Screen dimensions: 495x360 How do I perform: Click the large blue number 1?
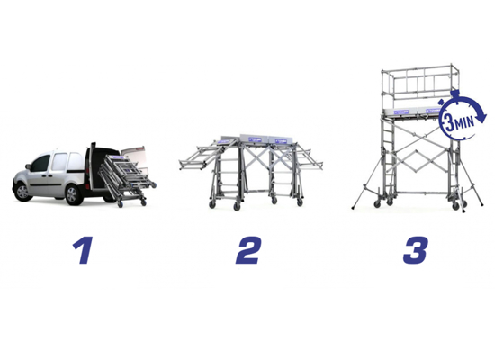pos(84,250)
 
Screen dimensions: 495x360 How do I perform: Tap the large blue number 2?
pos(248,250)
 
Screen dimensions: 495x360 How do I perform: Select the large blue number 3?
pos(416,250)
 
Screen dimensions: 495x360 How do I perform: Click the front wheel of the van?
pos(22,192)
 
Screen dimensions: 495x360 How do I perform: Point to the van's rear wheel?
pos(73,194)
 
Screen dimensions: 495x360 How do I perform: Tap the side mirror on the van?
pos(28,166)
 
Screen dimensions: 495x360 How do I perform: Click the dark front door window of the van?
pos(40,163)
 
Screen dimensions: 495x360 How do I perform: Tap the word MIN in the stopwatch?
pos(464,121)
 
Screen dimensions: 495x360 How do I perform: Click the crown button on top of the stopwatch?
pos(454,94)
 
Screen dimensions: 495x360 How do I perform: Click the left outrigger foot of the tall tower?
pos(353,208)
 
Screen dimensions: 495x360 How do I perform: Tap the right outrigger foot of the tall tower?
pos(481,205)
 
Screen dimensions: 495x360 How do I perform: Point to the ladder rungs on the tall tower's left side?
pos(388,157)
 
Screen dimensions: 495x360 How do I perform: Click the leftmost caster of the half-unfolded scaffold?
pos(212,204)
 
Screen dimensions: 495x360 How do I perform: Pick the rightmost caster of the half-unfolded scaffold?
pos(300,202)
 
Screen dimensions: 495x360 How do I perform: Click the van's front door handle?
pos(49,175)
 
